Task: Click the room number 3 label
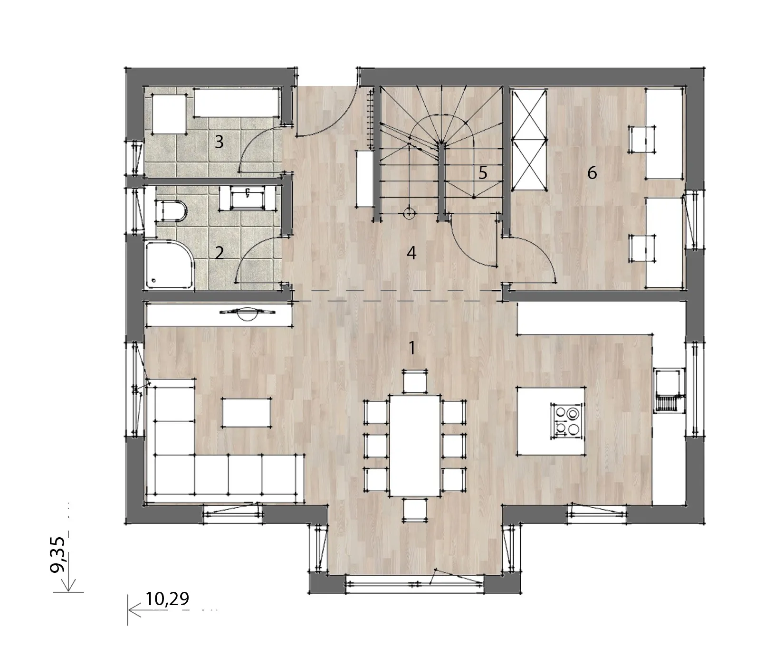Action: [x=219, y=142]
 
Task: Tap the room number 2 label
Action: [x=219, y=253]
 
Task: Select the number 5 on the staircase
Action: [x=483, y=173]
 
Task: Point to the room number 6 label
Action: [x=592, y=173]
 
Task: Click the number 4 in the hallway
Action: [x=411, y=253]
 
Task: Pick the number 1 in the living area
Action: [x=412, y=348]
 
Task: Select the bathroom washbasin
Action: [x=247, y=198]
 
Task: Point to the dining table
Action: [x=415, y=445]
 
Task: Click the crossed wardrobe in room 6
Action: [x=528, y=139]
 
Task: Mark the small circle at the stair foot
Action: [x=408, y=214]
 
